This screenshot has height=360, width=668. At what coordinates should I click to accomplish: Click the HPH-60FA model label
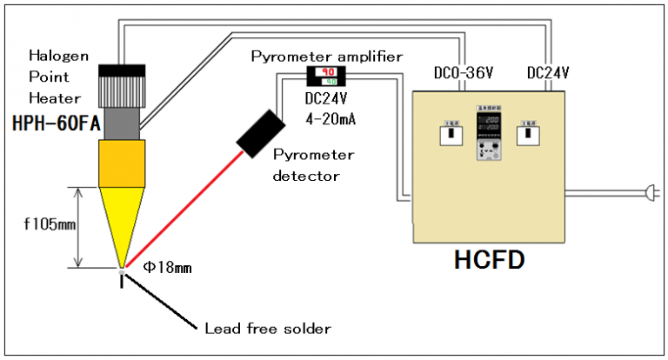click(x=53, y=125)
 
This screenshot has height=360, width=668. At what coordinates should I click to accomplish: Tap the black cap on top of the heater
click(x=121, y=70)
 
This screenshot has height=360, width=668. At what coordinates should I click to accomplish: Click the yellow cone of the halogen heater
click(x=121, y=217)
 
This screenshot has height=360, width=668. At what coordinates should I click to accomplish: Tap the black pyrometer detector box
click(x=259, y=134)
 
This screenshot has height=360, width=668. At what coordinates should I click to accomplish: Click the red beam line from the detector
click(x=187, y=205)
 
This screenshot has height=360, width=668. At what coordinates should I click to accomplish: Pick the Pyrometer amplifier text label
click(x=326, y=57)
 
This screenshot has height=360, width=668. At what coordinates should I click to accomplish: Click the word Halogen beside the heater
click(x=53, y=57)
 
